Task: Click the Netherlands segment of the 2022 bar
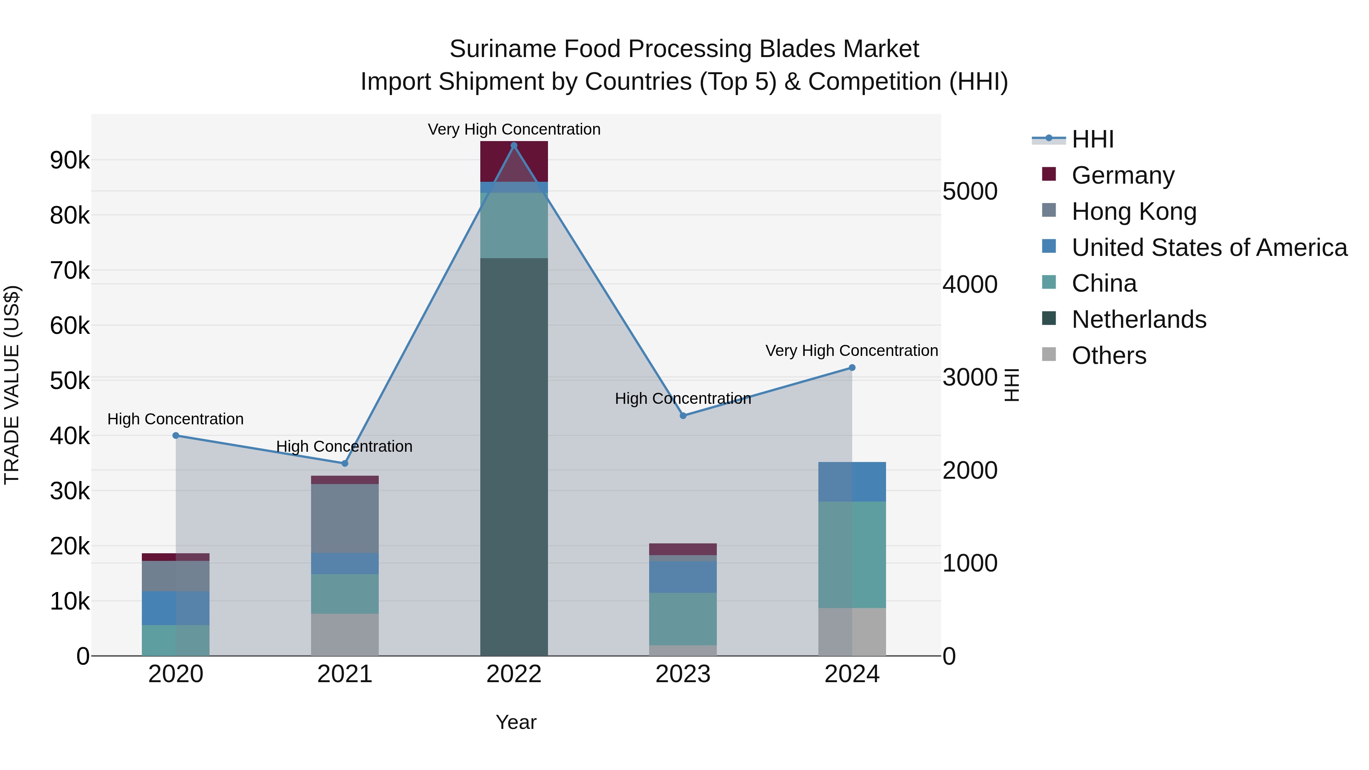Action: tap(513, 457)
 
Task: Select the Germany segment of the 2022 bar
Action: tap(513, 162)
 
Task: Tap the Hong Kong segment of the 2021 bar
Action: tap(345, 518)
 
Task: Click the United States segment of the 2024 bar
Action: tap(851, 481)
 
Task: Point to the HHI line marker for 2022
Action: tap(513, 146)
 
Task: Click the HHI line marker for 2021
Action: tap(345, 464)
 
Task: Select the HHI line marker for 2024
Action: tap(851, 368)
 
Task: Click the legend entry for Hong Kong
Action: tap(1133, 211)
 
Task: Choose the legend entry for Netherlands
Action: tap(1138, 319)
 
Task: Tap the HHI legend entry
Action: tap(1092, 139)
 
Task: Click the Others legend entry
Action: tap(1109, 356)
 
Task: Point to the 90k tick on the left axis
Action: tap(70, 160)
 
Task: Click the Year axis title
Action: tap(516, 722)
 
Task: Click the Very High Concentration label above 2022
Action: tap(513, 129)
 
